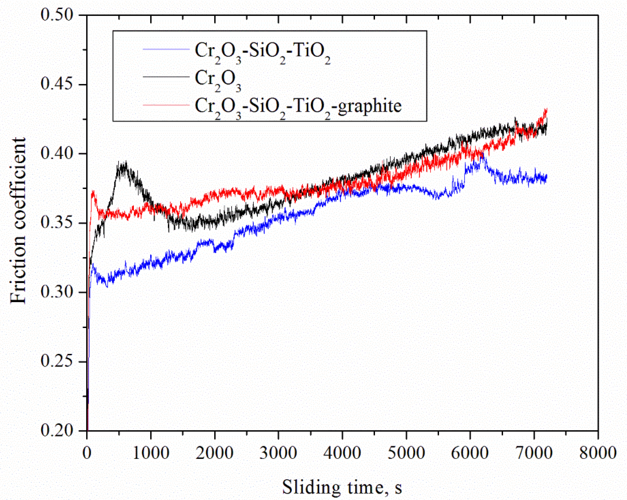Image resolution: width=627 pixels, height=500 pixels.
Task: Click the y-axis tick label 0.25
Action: tap(56, 361)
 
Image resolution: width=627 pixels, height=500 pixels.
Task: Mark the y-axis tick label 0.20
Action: tap(56, 430)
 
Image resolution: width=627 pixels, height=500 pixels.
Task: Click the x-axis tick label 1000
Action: tap(151, 453)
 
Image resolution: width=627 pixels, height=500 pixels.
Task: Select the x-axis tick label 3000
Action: tap(278, 453)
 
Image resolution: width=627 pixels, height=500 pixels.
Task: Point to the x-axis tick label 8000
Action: tap(598, 453)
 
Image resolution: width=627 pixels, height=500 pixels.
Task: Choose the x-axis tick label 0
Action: tap(87, 453)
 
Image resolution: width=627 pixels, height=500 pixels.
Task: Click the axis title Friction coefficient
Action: tap(18, 221)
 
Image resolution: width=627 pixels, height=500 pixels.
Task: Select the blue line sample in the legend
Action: tap(166, 49)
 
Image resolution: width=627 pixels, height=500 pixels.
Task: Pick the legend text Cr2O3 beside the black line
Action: tap(218, 79)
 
